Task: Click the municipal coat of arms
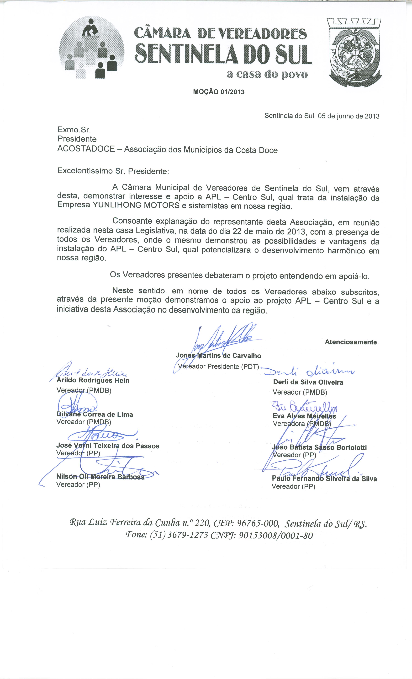tap(354, 52)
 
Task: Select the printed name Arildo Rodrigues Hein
tap(93, 381)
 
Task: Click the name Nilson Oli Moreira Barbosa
tap(100, 477)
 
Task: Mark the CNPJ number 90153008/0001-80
tap(276, 535)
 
